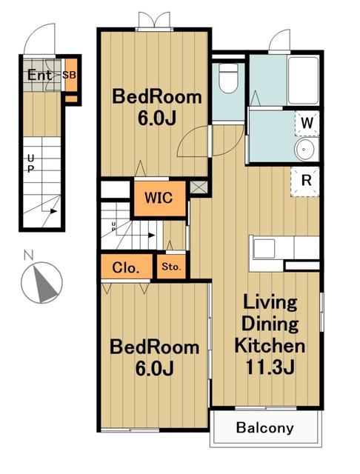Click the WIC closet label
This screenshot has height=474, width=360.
[159, 198]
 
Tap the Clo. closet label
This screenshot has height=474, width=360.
[126, 267]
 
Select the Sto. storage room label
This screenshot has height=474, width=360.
[171, 267]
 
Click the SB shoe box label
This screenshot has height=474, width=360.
[69, 75]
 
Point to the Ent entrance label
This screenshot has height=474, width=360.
[39, 75]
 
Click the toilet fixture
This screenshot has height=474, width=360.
[228, 78]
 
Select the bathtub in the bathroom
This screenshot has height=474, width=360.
[303, 81]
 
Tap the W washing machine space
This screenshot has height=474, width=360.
[307, 123]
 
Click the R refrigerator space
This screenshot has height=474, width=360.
[306, 181]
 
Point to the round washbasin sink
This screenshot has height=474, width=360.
[306, 150]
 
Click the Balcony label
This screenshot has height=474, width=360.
[264, 428]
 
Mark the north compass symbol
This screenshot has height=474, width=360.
[41, 283]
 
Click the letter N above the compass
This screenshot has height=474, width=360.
[28, 256]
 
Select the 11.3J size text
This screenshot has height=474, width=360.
[270, 367]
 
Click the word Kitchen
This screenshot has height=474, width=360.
[270, 346]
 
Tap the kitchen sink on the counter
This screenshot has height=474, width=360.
[264, 249]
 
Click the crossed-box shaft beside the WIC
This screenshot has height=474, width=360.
[199, 187]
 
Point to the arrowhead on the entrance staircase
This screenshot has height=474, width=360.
[53, 211]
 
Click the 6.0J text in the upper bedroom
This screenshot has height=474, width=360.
[157, 118]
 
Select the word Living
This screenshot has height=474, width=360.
[270, 303]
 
